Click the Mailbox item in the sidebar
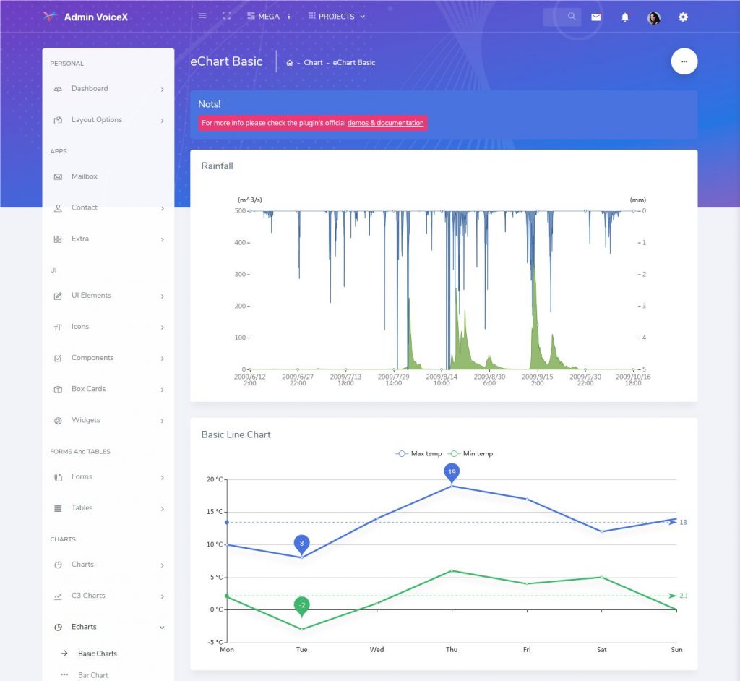click(84, 176)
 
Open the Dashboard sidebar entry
click(90, 89)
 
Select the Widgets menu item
click(85, 420)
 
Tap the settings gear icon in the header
click(683, 17)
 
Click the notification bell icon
click(625, 17)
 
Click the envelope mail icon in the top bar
click(595, 17)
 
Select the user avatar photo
click(654, 17)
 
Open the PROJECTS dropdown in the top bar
click(337, 16)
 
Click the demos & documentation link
click(385, 123)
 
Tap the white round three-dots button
click(684, 61)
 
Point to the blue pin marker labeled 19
click(452, 473)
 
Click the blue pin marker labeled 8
click(302, 544)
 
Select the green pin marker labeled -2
click(302, 605)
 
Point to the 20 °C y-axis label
click(214, 479)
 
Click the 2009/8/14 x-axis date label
click(442, 380)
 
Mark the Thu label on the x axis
click(452, 650)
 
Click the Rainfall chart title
click(217, 166)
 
